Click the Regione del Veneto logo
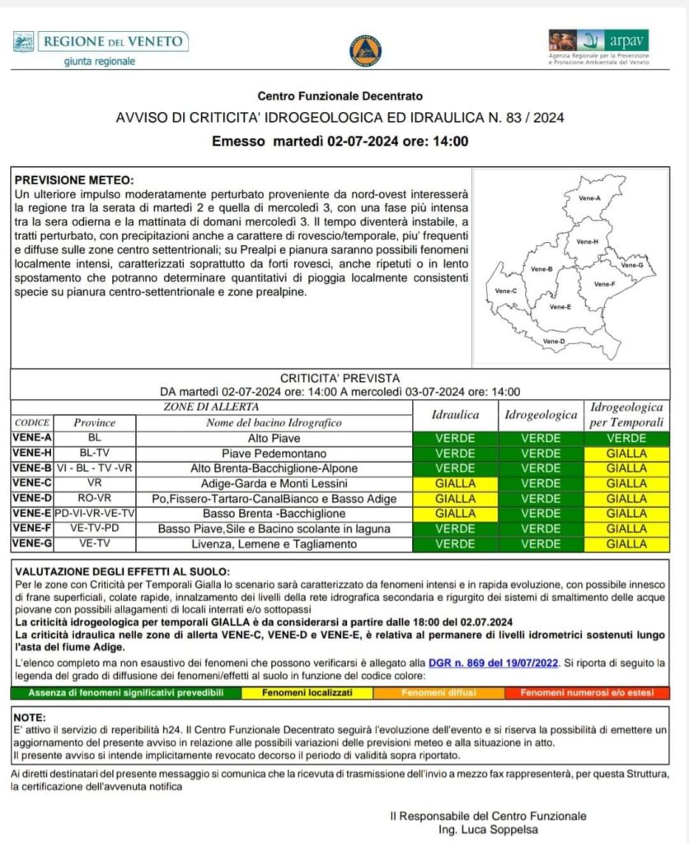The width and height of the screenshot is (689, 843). pyautogui.click(x=101, y=49)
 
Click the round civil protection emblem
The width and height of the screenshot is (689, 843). pyautogui.click(x=365, y=49)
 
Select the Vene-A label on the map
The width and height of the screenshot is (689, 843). pyautogui.click(x=590, y=198)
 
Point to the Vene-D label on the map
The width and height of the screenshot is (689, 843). pyautogui.click(x=555, y=341)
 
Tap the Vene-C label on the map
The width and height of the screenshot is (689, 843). pyautogui.click(x=506, y=291)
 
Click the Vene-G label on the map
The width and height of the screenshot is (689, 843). pyautogui.click(x=632, y=265)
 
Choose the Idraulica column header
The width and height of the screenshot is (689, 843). pyautogui.click(x=455, y=416)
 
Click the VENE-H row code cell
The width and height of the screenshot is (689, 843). pyautogui.click(x=32, y=454)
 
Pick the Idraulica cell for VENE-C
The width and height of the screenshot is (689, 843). pyautogui.click(x=455, y=483)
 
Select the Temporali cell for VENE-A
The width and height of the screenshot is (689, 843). pyautogui.click(x=627, y=439)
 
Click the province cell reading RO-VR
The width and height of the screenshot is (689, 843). pyautogui.click(x=94, y=499)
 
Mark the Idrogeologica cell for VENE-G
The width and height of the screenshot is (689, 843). pyautogui.click(x=541, y=543)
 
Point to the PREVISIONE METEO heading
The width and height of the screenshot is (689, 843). pyautogui.click(x=74, y=180)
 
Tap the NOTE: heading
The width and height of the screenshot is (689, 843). pyautogui.click(x=30, y=717)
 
